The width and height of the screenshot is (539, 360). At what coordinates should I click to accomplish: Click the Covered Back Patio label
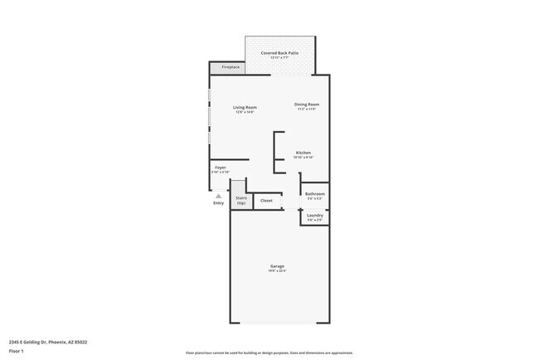[x=279, y=53]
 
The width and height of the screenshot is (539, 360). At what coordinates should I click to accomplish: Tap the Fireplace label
[x=230, y=67]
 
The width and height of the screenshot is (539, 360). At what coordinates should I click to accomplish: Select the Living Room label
[x=244, y=107]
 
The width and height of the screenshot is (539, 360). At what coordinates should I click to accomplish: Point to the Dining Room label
[x=307, y=105]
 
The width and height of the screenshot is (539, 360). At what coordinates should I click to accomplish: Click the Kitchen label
[x=303, y=153]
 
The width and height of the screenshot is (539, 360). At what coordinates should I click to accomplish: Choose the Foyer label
[x=221, y=168]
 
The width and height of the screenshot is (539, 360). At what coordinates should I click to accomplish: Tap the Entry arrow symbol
[x=219, y=196]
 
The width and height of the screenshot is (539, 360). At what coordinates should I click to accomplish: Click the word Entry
[x=219, y=203]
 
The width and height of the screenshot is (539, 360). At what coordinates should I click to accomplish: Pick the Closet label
[x=266, y=200]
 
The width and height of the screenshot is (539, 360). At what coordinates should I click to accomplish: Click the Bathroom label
[x=315, y=194]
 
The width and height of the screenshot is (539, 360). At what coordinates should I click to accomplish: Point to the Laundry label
[x=315, y=215]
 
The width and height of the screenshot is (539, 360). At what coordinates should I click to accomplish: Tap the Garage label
[x=277, y=266]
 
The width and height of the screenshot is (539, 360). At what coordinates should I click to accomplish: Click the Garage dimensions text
[x=277, y=271]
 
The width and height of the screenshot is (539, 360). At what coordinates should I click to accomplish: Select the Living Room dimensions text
[x=244, y=112]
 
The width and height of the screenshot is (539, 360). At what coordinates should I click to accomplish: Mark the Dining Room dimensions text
[x=307, y=109]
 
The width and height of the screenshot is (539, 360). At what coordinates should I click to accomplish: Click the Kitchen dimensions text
[x=303, y=158]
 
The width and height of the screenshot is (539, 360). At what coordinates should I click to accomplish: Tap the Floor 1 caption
[x=17, y=351]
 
